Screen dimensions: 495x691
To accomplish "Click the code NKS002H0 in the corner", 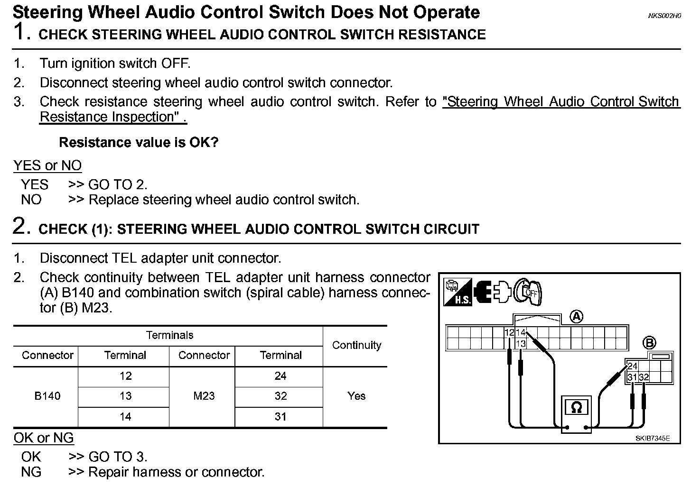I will click(x=664, y=16).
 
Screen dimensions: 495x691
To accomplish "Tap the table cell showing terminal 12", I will click(x=125, y=376).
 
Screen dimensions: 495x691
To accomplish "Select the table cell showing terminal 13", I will click(x=125, y=396).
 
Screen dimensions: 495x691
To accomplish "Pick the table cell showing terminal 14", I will click(x=125, y=416).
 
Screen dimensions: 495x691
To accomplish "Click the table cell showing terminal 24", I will click(x=280, y=376).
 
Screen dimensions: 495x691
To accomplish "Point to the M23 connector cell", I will click(x=204, y=396).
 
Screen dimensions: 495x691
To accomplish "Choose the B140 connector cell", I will click(x=47, y=396).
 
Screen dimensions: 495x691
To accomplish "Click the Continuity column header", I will click(x=356, y=345).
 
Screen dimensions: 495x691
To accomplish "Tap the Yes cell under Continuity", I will click(x=356, y=396).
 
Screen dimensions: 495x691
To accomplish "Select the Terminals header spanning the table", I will click(x=169, y=335).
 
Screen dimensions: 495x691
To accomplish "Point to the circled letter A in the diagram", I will click(x=576, y=316).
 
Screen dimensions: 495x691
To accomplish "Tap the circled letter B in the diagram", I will click(x=649, y=342).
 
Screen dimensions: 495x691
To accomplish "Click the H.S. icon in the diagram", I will click(x=458, y=292).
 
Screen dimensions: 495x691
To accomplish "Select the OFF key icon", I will click(x=528, y=292).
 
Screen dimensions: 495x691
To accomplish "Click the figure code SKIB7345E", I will click(x=653, y=439).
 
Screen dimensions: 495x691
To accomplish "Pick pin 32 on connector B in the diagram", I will click(x=644, y=377).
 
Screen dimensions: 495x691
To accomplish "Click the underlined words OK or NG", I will click(x=44, y=438).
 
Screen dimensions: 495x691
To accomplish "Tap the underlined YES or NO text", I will click(x=47, y=165).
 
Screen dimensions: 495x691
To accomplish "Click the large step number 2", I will click(x=22, y=226).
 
